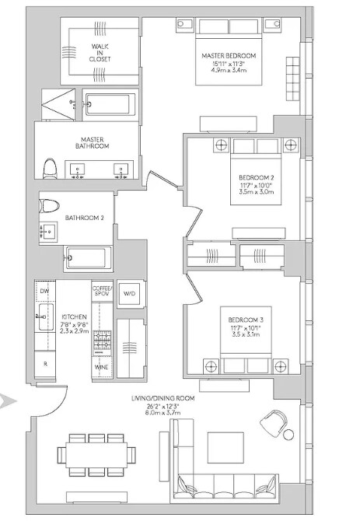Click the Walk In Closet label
click(100, 53)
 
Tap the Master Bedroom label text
click(229, 55)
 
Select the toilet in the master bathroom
click(50, 169)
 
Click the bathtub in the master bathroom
click(110, 104)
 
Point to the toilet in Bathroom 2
click(49, 205)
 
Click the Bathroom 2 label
click(84, 218)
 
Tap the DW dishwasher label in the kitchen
click(44, 292)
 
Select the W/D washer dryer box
click(130, 294)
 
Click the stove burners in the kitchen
click(102, 340)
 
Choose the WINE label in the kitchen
click(101, 367)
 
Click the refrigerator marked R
click(45, 364)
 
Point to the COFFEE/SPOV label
click(103, 291)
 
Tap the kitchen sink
click(46, 316)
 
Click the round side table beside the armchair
click(288, 434)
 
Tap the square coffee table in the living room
click(225, 448)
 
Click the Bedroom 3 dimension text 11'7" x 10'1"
click(246, 327)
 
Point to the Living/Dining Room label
click(163, 398)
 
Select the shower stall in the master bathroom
click(58, 104)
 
